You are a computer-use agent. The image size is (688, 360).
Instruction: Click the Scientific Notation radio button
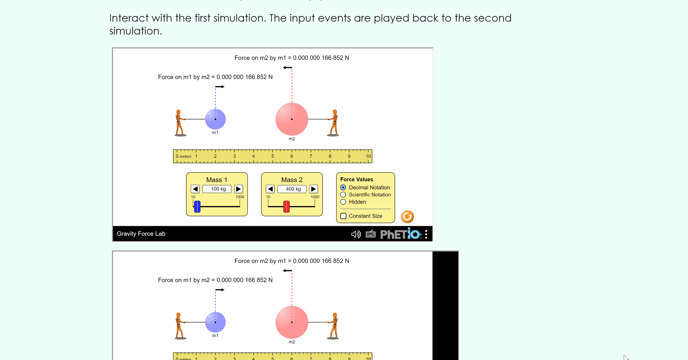pos(343,195)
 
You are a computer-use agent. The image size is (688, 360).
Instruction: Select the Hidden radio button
pos(343,202)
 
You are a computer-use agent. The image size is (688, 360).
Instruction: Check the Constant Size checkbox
pos(343,216)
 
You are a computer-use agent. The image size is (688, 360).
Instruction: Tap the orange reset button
pos(407,217)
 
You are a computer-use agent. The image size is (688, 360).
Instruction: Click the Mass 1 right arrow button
pos(238,189)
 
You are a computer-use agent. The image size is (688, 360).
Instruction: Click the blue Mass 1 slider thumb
pos(197,207)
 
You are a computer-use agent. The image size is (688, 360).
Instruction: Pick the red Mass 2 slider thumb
pos(286,207)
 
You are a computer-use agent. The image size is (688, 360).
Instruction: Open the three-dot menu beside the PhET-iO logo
pos(426,234)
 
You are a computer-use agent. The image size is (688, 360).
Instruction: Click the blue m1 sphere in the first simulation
pos(215,119)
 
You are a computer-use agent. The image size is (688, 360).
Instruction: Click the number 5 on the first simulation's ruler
pos(273,156)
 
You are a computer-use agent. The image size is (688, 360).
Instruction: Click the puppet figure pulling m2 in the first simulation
pos(333,123)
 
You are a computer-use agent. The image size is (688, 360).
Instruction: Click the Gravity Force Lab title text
pos(141,234)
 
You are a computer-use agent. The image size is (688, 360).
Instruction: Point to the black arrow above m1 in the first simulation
pos(220,87)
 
